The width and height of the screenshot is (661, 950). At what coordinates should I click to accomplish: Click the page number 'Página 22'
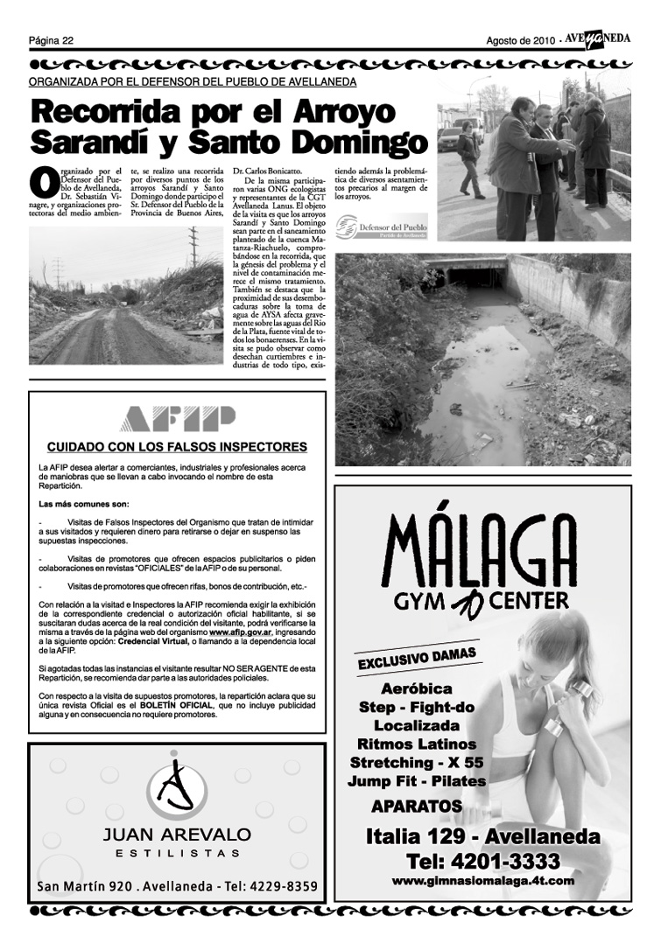coord(51,39)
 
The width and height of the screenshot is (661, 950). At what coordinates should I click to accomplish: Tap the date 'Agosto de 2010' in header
coord(522,39)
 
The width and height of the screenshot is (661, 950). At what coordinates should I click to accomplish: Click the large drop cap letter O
coord(43,181)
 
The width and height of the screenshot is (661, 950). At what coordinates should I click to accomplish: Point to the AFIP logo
coord(178,418)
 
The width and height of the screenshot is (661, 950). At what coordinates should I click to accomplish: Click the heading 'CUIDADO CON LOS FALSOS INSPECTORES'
coord(177,447)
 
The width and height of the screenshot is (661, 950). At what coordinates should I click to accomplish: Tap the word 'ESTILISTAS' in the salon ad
coord(177,854)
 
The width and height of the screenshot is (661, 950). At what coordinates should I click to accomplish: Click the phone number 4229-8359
coord(281,886)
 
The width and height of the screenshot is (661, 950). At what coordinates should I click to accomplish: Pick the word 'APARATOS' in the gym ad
coord(416,805)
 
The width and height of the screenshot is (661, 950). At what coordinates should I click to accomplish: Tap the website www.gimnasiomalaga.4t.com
coord(482,881)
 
